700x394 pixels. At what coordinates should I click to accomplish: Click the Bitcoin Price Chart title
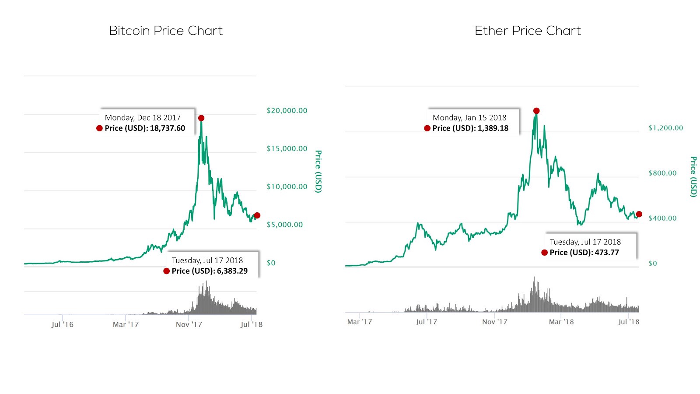coord(166,31)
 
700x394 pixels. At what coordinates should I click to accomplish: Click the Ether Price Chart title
coord(528,31)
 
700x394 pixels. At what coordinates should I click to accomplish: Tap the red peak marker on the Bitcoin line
coord(201,118)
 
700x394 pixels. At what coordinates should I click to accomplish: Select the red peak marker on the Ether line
coord(536,111)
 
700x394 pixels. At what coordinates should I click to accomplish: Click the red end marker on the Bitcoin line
coord(257,215)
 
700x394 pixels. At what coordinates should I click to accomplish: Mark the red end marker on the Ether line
coord(639,214)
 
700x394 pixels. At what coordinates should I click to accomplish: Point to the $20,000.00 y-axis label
coord(287,111)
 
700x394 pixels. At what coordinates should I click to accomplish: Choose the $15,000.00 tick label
coord(287,149)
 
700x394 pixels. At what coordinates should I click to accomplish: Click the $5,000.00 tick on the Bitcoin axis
coord(285,225)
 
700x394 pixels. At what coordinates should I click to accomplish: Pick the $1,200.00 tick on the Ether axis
coord(665,128)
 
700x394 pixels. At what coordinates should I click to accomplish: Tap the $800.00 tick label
coord(662,173)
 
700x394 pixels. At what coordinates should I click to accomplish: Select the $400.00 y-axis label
coord(662,218)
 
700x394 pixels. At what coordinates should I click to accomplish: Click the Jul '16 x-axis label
coord(63,325)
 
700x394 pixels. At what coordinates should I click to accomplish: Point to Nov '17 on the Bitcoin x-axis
coord(189,325)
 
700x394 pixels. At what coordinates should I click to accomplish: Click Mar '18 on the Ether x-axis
coord(561,322)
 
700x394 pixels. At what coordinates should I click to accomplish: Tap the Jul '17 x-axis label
coord(427,322)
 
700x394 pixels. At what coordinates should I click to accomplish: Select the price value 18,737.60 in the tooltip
coord(168,128)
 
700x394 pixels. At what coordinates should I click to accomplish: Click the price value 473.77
coord(607,253)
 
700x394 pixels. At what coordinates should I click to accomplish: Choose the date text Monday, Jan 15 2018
coord(469,118)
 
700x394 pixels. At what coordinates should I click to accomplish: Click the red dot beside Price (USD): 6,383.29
coord(167,271)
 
